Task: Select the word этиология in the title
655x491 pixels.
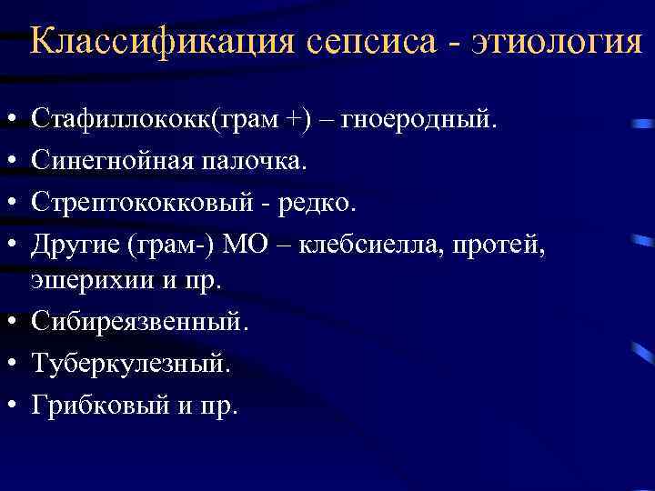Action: (555, 43)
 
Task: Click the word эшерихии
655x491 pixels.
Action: (83, 281)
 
